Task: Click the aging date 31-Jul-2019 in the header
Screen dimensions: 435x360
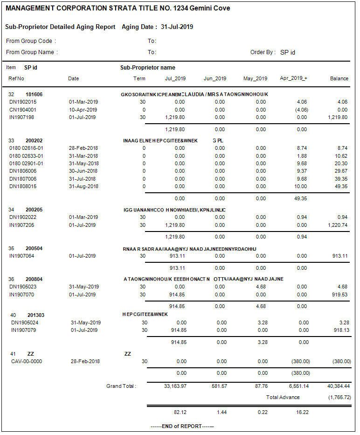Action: point(177,27)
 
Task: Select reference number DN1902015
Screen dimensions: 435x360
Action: point(23,102)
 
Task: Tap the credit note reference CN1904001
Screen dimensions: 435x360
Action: point(23,110)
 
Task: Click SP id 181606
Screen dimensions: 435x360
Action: point(34,94)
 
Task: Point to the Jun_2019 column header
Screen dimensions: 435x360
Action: point(215,78)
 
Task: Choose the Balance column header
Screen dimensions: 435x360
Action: point(339,78)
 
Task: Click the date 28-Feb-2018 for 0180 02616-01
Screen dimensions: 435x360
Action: point(83,148)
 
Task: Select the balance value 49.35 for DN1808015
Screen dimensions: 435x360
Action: point(341,186)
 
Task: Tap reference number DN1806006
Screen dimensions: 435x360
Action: point(22,171)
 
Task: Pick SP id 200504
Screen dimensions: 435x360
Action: point(34,249)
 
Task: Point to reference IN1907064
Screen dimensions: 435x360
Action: point(22,256)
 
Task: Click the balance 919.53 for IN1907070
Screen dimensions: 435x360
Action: point(340,295)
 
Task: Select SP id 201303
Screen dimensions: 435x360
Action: point(36,315)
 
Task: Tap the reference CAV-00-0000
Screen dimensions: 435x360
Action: point(27,361)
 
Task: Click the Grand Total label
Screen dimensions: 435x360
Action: point(121,386)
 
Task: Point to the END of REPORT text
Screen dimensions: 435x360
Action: point(182,426)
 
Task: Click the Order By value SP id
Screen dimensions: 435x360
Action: point(288,52)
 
